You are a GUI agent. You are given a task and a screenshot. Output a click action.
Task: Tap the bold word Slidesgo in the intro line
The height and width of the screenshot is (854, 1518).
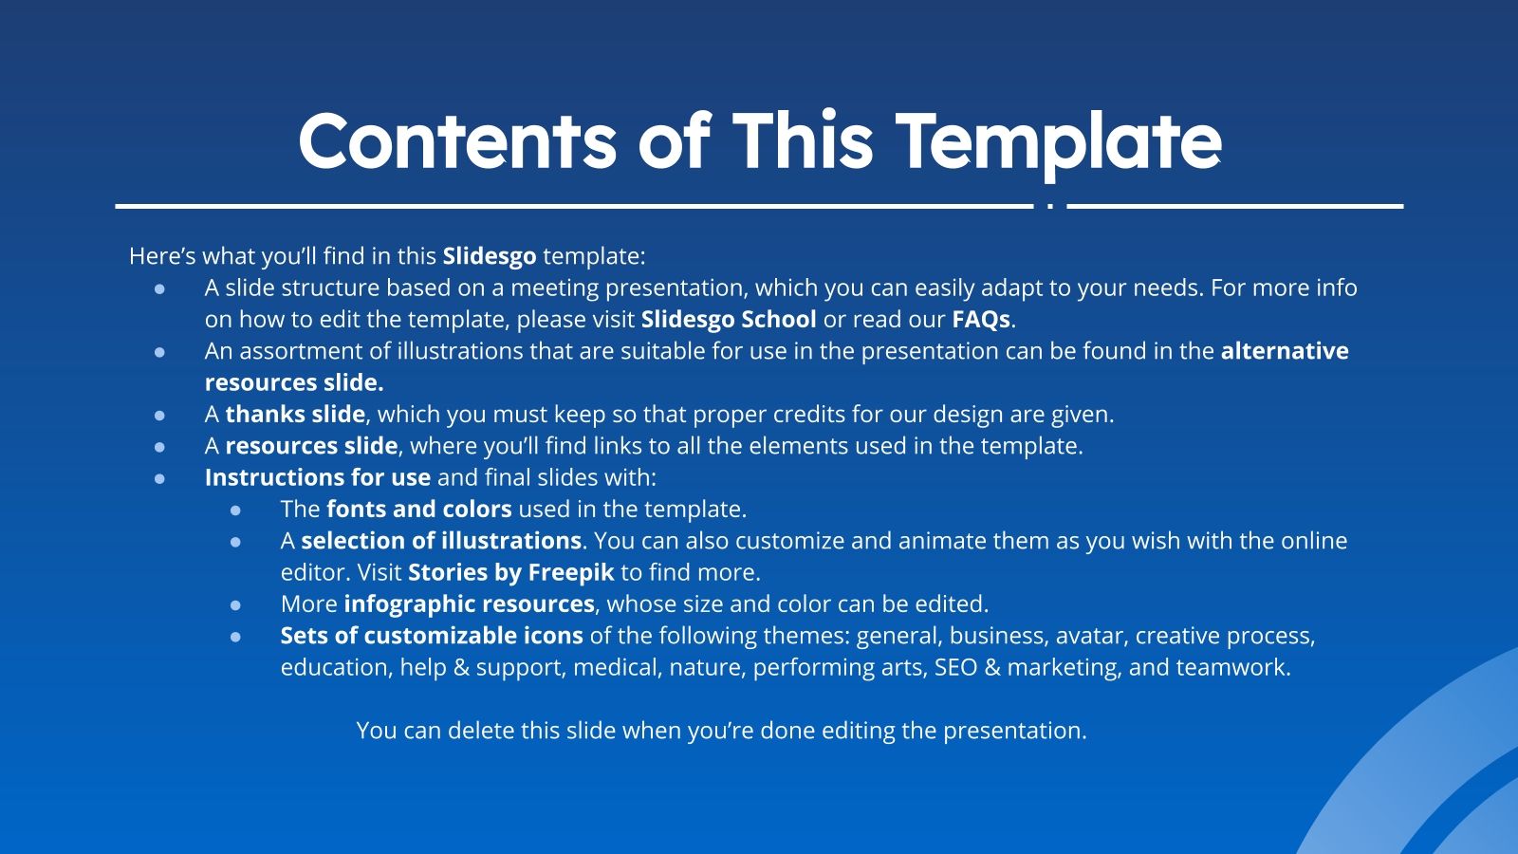click(489, 256)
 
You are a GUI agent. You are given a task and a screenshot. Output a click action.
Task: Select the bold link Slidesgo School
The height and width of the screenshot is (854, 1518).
click(728, 320)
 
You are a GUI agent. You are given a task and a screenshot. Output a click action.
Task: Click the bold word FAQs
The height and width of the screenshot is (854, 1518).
click(981, 320)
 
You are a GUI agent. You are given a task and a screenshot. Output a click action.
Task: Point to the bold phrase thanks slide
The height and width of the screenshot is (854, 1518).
click(295, 415)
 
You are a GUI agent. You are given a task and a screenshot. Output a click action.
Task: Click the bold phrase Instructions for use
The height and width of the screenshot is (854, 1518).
click(317, 477)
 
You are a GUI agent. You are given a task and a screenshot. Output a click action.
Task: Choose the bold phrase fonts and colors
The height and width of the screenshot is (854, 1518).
click(418, 510)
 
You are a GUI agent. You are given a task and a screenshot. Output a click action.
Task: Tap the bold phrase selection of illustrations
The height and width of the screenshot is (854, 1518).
click(440, 541)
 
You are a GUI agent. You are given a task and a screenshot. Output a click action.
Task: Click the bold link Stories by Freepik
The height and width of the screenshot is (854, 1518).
click(510, 573)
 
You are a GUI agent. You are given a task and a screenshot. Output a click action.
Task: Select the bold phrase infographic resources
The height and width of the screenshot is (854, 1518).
click(469, 604)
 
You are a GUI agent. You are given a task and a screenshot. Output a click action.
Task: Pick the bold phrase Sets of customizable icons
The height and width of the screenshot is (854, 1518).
click(431, 636)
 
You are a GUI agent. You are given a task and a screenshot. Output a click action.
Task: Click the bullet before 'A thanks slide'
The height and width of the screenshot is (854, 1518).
click(159, 416)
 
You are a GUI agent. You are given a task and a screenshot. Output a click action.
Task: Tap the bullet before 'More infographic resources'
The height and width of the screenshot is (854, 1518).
click(235, 605)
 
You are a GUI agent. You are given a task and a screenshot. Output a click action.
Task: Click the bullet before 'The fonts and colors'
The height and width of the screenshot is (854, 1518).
click(235, 511)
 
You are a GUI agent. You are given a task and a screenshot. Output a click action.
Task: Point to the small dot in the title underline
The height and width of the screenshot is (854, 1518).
click(1049, 206)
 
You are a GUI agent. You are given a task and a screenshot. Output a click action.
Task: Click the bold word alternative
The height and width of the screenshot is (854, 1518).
click(1284, 351)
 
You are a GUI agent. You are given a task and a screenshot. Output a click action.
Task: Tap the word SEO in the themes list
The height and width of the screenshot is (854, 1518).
click(955, 668)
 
